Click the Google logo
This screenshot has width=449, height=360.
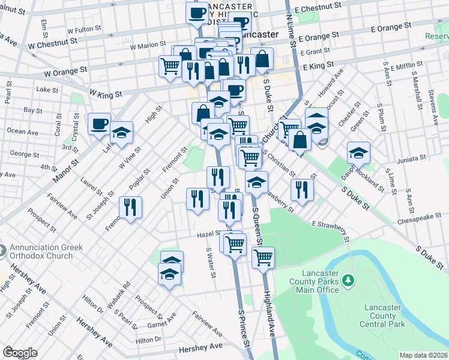(x=20, y=352)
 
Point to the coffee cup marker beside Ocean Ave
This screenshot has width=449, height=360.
(x=99, y=125)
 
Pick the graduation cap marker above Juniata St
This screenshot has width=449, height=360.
(x=358, y=153)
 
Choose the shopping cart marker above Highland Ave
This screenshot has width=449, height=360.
(x=263, y=257)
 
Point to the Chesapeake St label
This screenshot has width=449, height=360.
(x=423, y=221)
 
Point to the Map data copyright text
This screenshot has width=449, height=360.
(x=424, y=355)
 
